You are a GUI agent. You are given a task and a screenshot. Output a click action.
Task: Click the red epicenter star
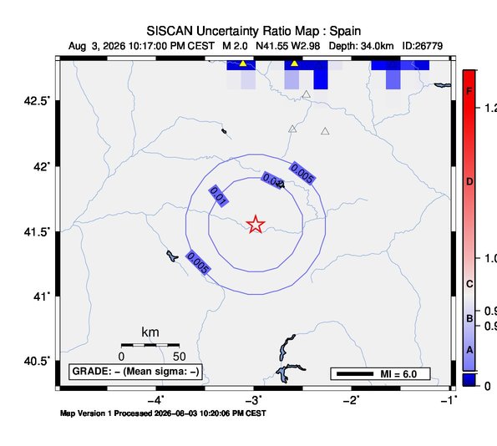coord(256,224)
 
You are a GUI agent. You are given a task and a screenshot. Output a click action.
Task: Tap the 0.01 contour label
coord(218,196)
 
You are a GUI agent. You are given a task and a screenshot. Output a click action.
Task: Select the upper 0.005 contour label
coord(302,173)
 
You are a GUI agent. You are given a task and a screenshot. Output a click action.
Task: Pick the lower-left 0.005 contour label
coord(198,262)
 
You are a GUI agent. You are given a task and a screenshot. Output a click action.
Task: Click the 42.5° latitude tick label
coord(37,101)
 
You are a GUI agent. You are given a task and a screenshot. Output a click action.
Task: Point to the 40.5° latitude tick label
coord(37,361)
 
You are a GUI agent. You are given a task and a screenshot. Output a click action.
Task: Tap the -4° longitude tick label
coord(156,400)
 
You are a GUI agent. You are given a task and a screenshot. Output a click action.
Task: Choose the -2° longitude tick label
coord(352,400)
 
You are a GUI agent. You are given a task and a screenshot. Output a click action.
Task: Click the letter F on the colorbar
coord(469,91)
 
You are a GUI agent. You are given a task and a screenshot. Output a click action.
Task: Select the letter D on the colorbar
coord(469,181)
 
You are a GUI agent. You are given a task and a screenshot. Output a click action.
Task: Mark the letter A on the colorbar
coord(469,350)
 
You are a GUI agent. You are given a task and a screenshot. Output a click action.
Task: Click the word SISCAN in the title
coord(170,31)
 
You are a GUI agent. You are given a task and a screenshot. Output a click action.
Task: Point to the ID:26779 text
coord(422,46)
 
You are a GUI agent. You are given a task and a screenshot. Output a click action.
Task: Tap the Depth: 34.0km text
coord(361,46)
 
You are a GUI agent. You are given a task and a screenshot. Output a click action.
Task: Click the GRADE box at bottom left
coord(135,372)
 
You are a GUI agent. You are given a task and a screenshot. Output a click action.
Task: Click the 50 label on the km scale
coord(179,357)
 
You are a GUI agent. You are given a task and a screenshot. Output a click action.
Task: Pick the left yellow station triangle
coord(243,63)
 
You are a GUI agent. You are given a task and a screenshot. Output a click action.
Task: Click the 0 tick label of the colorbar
coord(488,387)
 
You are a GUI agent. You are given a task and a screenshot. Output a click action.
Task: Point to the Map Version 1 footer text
coord(163,413)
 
